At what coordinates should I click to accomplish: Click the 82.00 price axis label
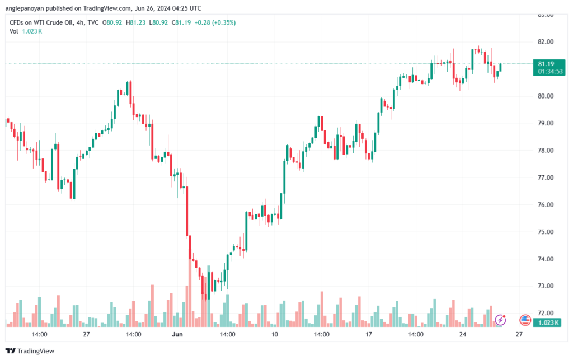546,41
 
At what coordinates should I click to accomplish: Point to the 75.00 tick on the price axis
546,232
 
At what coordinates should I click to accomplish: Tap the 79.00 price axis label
546,123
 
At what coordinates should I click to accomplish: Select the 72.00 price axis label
546,313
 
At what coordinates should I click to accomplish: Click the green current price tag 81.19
546,64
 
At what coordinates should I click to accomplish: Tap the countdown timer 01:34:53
550,71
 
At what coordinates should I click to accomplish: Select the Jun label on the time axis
177,334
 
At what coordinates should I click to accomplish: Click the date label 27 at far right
519,334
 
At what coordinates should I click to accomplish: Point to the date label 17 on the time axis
368,334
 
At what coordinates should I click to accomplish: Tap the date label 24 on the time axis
463,334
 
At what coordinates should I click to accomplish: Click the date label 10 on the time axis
274,334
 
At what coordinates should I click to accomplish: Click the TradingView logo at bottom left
30,351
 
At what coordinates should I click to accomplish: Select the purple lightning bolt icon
500,320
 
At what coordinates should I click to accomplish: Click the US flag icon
525,320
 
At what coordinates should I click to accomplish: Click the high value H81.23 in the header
135,22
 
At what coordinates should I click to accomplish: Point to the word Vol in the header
13,31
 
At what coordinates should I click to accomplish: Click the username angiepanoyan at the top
25,8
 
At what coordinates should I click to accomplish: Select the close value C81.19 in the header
181,22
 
